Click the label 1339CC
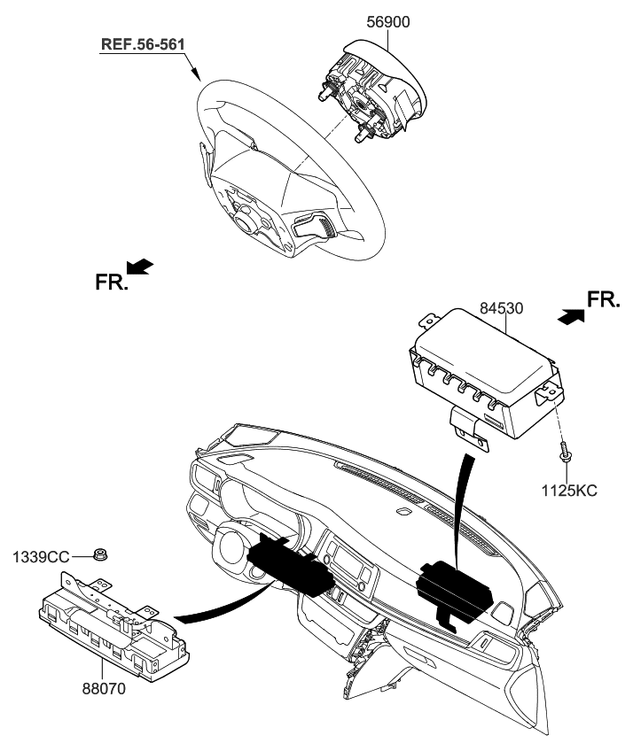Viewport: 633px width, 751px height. pyautogui.click(x=41, y=556)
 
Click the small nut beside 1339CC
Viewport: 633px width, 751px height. pyautogui.click(x=102, y=556)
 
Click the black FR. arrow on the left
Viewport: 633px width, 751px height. pyautogui.click(x=140, y=267)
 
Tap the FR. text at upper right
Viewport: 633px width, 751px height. pyautogui.click(x=605, y=300)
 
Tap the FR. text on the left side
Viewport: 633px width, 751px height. pyautogui.click(x=112, y=283)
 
